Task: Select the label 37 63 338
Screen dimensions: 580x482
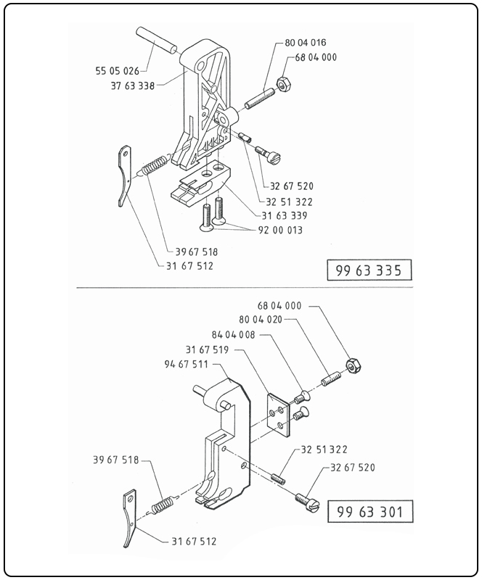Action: pos(127,85)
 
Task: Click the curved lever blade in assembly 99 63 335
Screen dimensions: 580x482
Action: pos(124,175)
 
